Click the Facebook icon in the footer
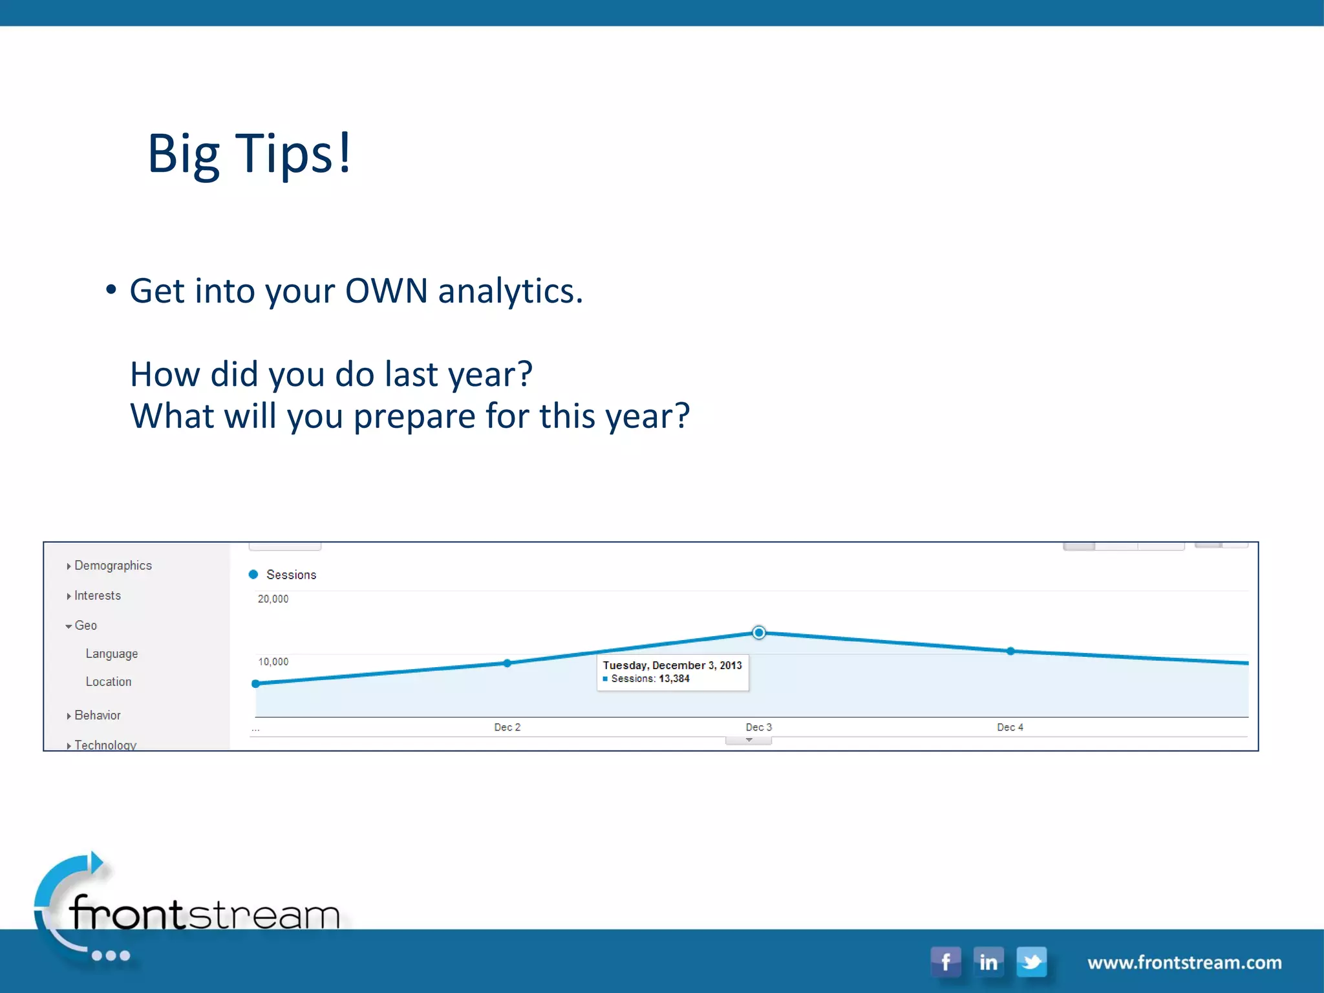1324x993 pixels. [946, 962]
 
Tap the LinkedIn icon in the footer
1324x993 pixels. [988, 962]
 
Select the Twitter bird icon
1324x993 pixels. [1032, 962]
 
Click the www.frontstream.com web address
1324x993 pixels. [1184, 963]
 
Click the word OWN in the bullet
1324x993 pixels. [386, 291]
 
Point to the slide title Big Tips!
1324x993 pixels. [249, 154]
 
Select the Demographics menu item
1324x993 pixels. [112, 566]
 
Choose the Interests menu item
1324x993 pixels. [97, 595]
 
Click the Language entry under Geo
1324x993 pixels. [111, 654]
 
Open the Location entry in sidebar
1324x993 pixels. [108, 682]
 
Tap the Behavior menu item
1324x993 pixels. [97, 716]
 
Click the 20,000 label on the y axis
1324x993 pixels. [273, 599]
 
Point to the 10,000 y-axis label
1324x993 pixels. [273, 662]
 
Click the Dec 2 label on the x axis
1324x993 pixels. [507, 727]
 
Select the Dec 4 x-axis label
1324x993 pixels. [1010, 727]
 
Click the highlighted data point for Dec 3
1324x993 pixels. [759, 632]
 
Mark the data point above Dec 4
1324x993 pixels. [1010, 651]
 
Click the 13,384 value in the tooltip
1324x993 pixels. [674, 679]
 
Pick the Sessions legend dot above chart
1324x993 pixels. [253, 574]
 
